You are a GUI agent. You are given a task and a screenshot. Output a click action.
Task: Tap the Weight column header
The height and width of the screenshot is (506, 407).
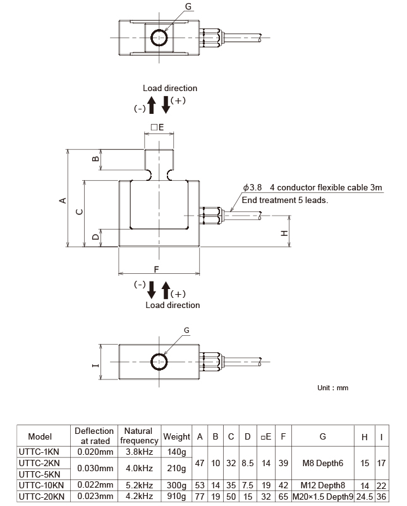pos(176,436)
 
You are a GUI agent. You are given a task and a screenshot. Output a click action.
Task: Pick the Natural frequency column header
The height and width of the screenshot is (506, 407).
pos(138,436)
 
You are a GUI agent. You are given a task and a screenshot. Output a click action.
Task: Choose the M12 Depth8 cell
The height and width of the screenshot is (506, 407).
pos(323,485)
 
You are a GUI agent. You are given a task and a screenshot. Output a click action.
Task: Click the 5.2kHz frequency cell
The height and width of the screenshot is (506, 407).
pos(138,485)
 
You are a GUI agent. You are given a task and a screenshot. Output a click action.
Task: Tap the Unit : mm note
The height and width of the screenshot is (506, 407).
pos(332,388)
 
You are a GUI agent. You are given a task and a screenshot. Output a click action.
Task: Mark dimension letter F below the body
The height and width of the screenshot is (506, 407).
pos(156,269)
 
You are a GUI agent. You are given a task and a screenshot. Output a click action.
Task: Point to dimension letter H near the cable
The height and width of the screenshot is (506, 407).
pos(285,233)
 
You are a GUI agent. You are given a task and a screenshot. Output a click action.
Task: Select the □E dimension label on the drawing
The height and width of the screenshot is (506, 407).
pos(157,126)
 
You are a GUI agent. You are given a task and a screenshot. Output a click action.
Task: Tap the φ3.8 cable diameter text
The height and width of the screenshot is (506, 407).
pos(252,188)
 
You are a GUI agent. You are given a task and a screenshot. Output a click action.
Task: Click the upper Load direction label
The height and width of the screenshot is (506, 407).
pos(169,89)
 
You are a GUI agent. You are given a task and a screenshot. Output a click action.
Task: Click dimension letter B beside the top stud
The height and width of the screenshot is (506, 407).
pos(95,159)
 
